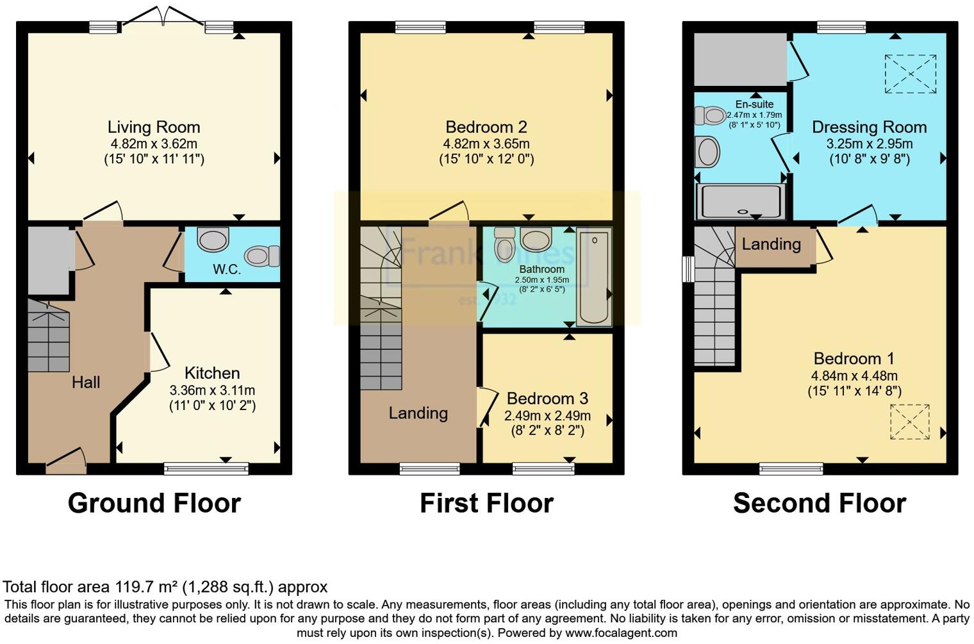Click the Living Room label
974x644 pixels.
[154, 127]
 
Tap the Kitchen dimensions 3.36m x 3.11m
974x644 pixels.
[212, 390]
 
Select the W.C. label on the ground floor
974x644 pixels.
[227, 270]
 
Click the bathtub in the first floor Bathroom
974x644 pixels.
[594, 277]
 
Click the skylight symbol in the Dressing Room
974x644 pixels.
[910, 74]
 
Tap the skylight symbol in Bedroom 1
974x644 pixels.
[909, 422]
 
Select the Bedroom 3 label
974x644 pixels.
[547, 399]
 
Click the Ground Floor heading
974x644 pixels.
[154, 503]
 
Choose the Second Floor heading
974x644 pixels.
[820, 503]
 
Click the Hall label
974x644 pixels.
[86, 383]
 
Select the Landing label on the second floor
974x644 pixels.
[772, 244]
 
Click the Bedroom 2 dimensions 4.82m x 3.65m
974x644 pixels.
[486, 144]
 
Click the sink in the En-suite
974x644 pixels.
[708, 153]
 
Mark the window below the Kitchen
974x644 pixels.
[206, 469]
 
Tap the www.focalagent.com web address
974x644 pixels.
[620, 633]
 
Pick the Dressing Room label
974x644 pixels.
[869, 127]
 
